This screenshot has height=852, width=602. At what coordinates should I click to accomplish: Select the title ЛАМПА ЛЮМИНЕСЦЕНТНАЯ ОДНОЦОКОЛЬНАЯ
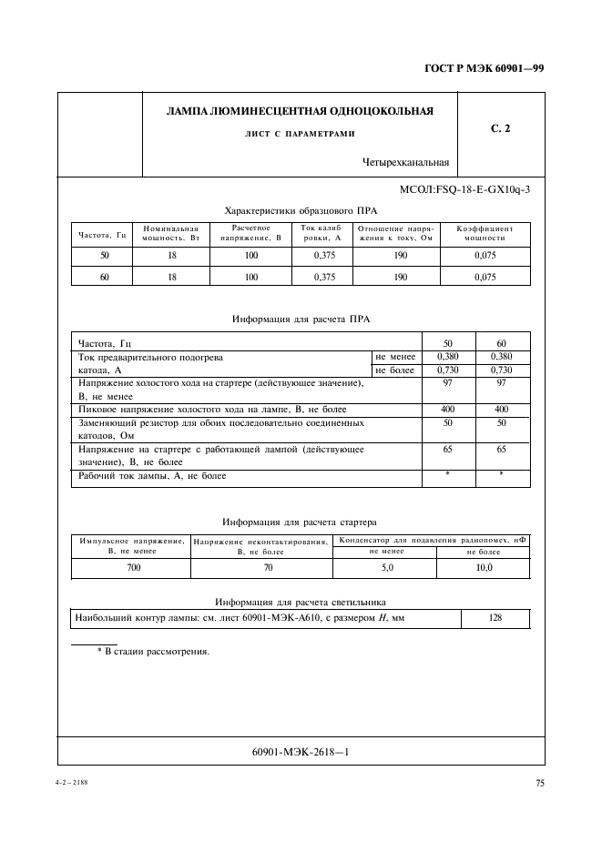[x=300, y=112]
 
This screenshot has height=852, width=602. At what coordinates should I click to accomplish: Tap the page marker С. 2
[x=500, y=129]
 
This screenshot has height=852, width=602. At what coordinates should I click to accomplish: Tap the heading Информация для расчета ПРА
[x=301, y=319]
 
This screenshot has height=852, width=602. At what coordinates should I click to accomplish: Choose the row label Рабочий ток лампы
[x=153, y=476]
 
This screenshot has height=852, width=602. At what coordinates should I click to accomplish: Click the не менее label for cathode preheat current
[x=394, y=357]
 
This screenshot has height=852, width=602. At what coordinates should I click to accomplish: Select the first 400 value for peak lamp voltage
[x=448, y=410]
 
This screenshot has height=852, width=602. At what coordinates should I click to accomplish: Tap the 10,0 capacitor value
[x=484, y=567]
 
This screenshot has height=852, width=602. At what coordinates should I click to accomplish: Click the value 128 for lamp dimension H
[x=495, y=619]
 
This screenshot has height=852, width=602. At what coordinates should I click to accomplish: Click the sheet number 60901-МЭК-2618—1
[x=301, y=752]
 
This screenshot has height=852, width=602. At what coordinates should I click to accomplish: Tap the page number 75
[x=539, y=781]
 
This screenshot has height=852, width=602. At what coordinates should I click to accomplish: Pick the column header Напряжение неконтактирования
[x=261, y=546]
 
